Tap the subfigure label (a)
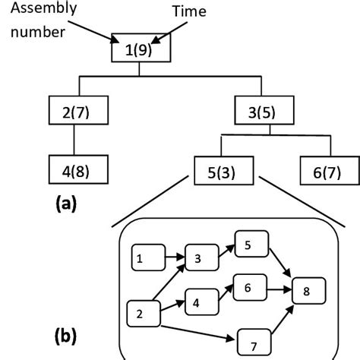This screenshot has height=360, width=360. click(x=68, y=204)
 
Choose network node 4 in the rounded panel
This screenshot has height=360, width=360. click(x=197, y=302)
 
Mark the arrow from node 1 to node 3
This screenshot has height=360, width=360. click(x=172, y=258)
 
